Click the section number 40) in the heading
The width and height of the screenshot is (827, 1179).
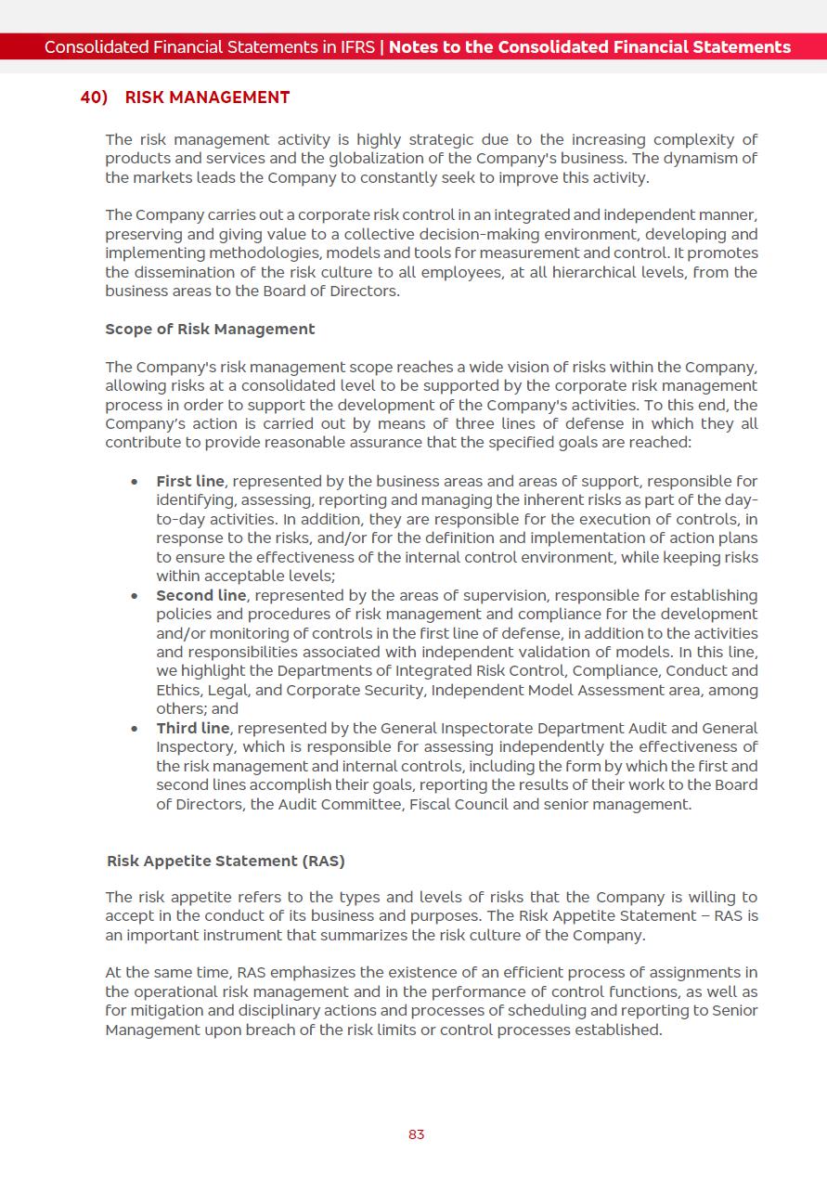94,97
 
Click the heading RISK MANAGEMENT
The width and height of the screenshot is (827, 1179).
207,97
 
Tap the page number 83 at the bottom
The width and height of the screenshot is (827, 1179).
416,1134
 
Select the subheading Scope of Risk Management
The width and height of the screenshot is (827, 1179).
210,330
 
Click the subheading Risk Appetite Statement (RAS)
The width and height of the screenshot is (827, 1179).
226,861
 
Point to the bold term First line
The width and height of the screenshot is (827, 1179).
190,481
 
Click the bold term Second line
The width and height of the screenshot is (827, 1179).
201,595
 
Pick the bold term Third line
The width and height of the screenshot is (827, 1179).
192,728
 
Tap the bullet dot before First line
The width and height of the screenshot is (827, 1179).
136,482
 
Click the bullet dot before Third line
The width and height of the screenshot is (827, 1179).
136,729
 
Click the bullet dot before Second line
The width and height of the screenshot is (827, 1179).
136,596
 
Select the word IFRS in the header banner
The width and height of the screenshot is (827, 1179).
355,47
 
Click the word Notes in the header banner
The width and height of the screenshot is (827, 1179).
415,47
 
